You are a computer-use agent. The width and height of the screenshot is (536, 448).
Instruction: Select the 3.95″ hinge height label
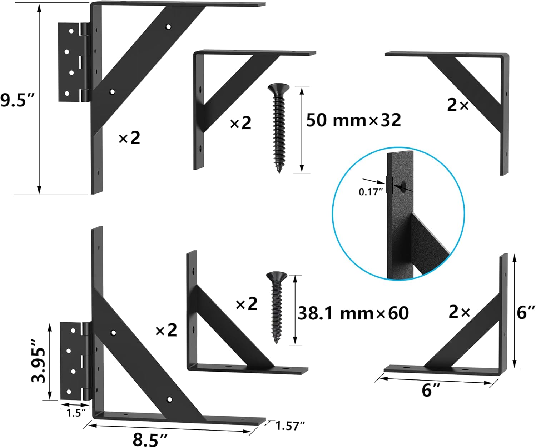[x=39, y=361]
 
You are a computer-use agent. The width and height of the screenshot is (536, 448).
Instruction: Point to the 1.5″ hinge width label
[x=76, y=413]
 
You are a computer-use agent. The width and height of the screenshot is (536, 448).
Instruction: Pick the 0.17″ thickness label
[x=371, y=192]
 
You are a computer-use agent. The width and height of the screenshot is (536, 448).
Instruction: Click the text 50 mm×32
[x=353, y=120]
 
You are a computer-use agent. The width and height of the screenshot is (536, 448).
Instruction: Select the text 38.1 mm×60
[x=353, y=313]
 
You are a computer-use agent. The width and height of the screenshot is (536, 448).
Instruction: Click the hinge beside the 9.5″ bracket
[x=73, y=62]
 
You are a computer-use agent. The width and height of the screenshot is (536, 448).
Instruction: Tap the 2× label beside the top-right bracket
[x=458, y=105]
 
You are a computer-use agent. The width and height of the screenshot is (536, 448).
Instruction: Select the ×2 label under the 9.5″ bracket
[x=129, y=138]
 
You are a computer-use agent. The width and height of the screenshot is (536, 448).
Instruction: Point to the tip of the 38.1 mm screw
[x=276, y=342]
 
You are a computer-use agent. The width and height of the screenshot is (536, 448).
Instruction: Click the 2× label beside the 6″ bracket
[x=460, y=312]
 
